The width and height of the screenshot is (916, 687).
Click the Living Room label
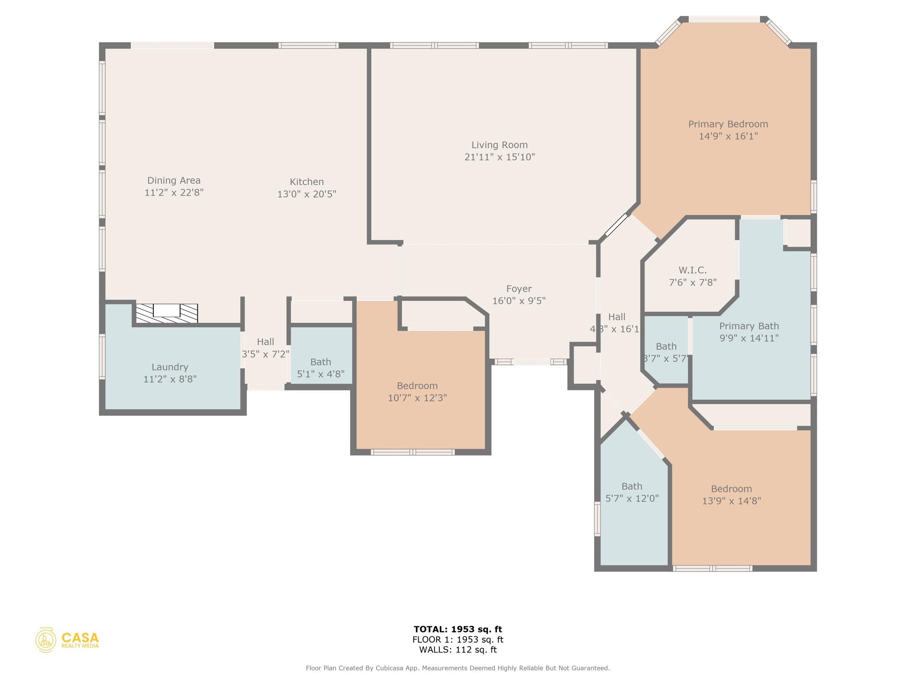pos(499,145)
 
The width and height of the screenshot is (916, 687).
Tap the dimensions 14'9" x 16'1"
pos(728,136)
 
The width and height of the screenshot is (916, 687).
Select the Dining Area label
pos(174,180)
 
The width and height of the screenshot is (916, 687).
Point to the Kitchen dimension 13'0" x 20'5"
pos(306,194)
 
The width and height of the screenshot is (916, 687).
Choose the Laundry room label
pos(170,367)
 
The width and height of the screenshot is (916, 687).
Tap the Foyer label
pos(519,289)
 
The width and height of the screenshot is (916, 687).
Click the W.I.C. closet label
pos(692,270)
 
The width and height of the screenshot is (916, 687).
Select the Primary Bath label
pos(749,326)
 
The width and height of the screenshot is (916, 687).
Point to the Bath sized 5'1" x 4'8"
pos(321,368)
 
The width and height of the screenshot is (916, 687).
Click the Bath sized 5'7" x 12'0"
pos(632,492)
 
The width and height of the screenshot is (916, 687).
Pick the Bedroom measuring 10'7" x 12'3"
pos(417,392)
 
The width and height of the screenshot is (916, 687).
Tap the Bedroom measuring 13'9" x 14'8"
pos(731,495)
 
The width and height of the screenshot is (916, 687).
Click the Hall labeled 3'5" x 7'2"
pos(265,348)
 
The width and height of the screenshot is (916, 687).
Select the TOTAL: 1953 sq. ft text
pos(458,629)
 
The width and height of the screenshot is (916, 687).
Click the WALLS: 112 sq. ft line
pos(458,650)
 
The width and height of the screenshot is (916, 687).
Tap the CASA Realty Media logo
pos(67,640)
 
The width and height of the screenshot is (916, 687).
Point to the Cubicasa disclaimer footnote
pos(458,668)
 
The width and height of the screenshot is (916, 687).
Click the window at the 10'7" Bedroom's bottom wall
pos(412,452)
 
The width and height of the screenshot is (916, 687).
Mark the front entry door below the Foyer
pos(531,362)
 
